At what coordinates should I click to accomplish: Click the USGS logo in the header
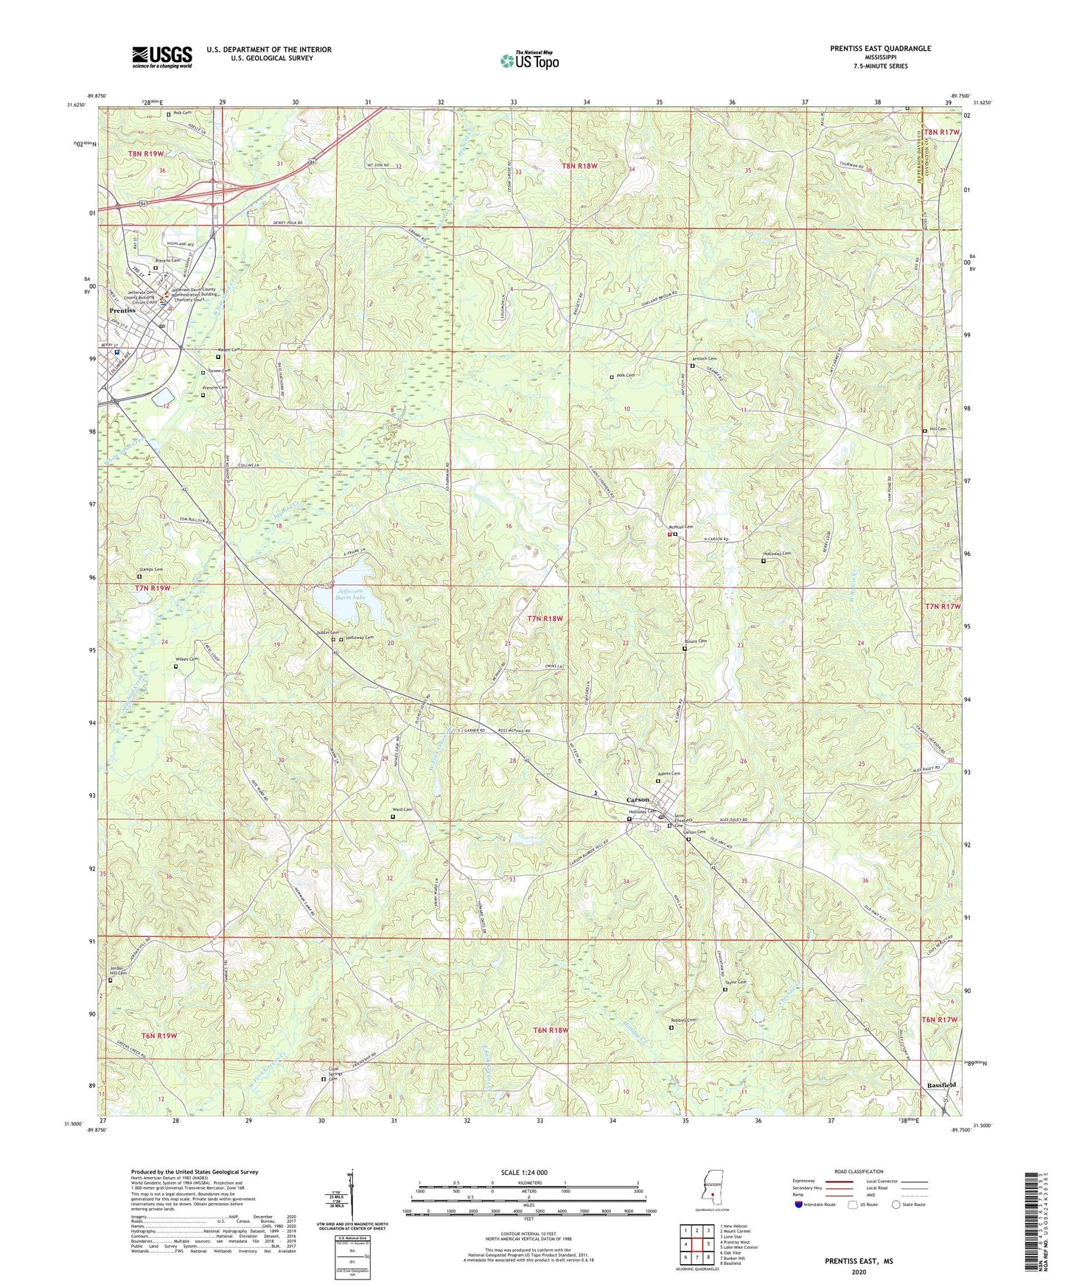(x=161, y=56)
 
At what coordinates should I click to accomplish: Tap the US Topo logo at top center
(x=528, y=60)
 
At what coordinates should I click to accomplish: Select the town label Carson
(x=638, y=799)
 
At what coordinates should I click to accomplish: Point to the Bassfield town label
(x=941, y=1085)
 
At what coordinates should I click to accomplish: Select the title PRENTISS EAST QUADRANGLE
(x=880, y=49)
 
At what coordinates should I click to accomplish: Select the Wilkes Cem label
(x=187, y=659)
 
